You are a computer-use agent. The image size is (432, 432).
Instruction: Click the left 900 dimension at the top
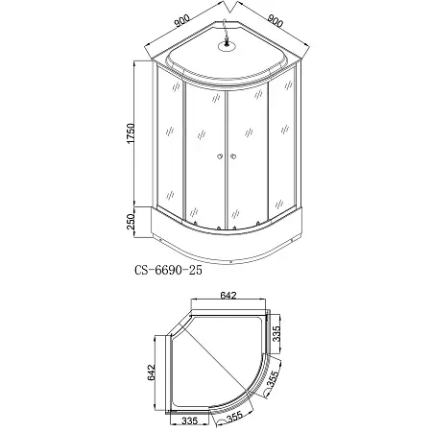click(177, 18)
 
